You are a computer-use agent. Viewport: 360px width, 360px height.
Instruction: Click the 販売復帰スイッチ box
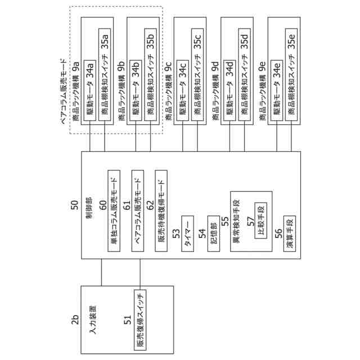tap(141, 319)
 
